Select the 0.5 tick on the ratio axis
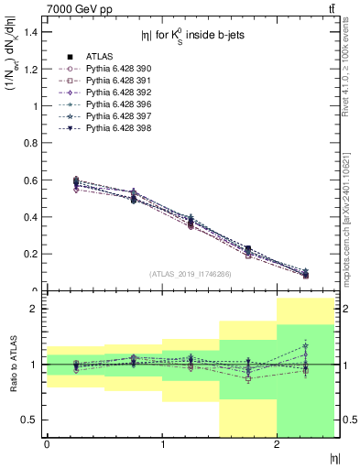point(32,420)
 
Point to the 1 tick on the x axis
point(162,445)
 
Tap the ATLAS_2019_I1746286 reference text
point(191,273)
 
